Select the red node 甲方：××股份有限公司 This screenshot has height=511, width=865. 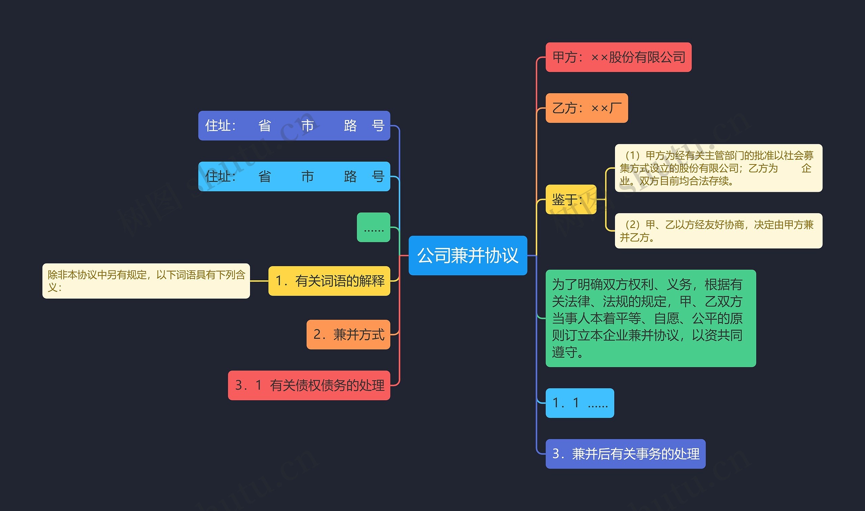pos(618,57)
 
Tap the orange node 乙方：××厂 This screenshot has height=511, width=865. pos(586,108)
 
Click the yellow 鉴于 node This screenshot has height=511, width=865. pos(570,199)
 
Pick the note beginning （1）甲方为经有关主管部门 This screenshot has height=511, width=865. pos(718,168)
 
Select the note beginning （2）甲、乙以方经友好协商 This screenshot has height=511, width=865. pos(718,231)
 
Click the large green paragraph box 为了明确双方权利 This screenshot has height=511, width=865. pos(650,318)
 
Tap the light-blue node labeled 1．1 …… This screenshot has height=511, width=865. pos(579,403)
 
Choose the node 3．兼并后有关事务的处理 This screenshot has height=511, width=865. pos(625,454)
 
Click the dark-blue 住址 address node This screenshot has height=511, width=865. pos(294,126)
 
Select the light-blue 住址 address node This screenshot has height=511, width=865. pos(294,177)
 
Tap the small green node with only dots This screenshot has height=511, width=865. pos(373,228)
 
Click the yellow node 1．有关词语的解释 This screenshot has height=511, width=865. pos(329,281)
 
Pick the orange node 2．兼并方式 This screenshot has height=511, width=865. pos(348,335)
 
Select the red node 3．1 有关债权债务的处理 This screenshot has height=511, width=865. pos(309,385)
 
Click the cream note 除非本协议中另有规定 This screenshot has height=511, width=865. pos(146,281)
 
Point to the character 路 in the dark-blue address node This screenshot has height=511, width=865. pos(350,126)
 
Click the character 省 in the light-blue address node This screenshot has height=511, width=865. pos(265,177)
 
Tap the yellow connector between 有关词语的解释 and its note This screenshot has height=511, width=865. pos(259,281)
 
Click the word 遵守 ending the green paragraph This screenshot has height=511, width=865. pos(565,352)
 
